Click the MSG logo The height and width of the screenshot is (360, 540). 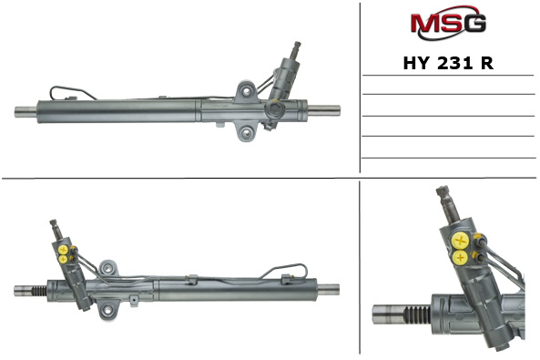pyautogui.click(x=448, y=23)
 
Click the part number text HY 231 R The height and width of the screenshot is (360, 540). pyautogui.click(x=448, y=63)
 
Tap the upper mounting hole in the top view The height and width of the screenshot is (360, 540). pyautogui.click(x=247, y=91)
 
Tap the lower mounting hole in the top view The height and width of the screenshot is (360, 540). pyautogui.click(x=247, y=132)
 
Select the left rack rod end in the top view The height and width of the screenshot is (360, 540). pyautogui.click(x=25, y=112)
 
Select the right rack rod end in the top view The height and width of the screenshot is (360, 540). pyautogui.click(x=324, y=110)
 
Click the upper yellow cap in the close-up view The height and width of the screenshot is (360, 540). pyautogui.click(x=461, y=241)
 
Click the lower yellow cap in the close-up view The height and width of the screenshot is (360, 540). pyautogui.click(x=460, y=258)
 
